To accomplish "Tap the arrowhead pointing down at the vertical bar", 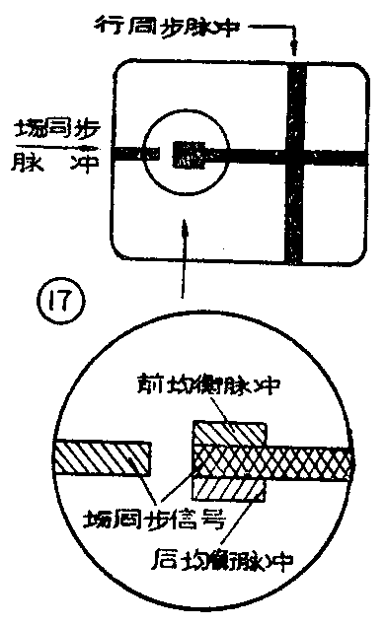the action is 293,47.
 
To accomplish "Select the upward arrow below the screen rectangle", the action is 182,229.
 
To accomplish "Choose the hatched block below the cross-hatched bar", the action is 228,488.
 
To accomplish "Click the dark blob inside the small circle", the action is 188,154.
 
